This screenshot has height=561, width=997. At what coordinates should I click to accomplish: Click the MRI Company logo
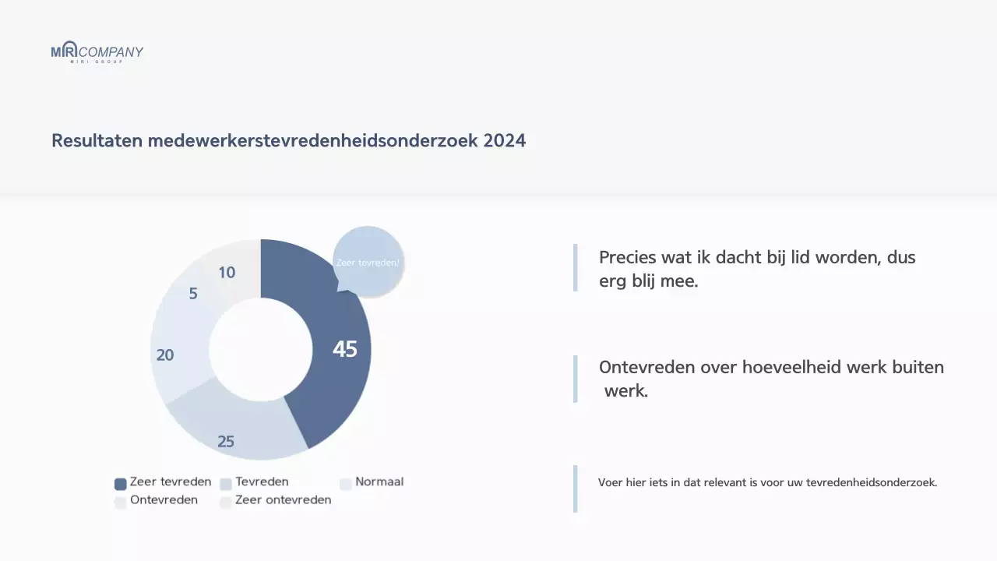(97, 52)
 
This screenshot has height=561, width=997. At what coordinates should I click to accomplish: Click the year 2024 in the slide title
(504, 141)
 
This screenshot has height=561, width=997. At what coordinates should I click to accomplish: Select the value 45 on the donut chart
(344, 350)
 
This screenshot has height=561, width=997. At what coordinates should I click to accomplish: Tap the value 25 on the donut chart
(226, 442)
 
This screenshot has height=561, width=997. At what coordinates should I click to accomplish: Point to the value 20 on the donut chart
(165, 355)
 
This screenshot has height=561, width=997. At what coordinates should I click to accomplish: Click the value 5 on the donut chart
(193, 294)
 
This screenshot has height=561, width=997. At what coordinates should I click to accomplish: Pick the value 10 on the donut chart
(227, 273)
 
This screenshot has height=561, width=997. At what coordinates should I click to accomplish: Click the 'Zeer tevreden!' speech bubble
(368, 263)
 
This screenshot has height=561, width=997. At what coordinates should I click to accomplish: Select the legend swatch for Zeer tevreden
(121, 484)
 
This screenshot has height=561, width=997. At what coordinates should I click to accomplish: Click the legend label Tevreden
(262, 482)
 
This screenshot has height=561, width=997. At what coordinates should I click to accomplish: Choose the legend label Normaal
(379, 482)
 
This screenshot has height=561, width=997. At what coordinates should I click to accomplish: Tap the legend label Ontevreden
(164, 500)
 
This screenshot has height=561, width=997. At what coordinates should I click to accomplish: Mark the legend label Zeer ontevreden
(283, 500)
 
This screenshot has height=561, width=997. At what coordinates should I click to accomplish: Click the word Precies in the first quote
(627, 258)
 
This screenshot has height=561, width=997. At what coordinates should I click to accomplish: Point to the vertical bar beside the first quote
(575, 268)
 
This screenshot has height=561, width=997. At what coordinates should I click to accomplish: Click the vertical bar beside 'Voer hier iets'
(575, 489)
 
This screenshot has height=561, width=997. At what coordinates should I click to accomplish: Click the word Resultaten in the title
(97, 141)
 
